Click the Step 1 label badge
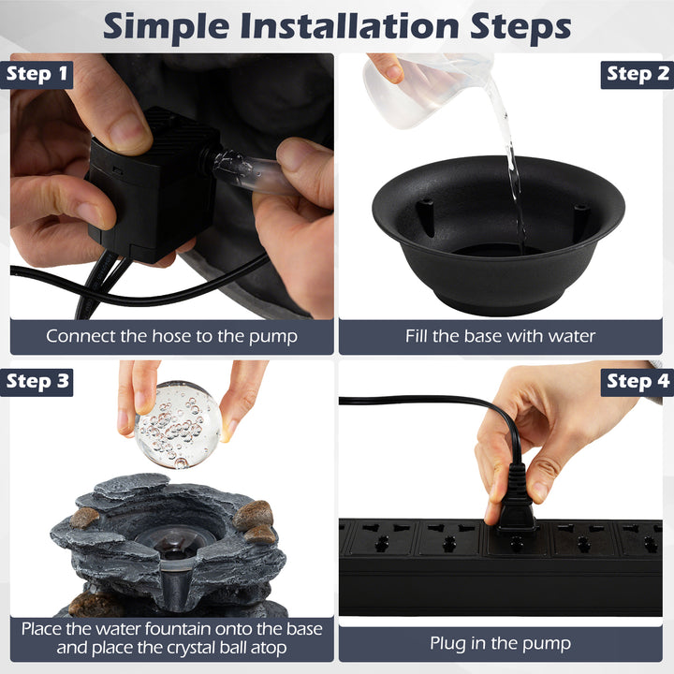(x=37, y=74)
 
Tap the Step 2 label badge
(x=637, y=74)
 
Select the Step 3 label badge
(x=37, y=381)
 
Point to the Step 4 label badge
(x=637, y=381)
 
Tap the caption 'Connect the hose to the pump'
(x=171, y=335)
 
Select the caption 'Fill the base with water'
(x=500, y=335)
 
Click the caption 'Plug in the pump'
(x=500, y=643)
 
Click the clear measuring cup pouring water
(x=421, y=89)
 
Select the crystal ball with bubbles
(x=178, y=424)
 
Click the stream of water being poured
(x=510, y=159)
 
